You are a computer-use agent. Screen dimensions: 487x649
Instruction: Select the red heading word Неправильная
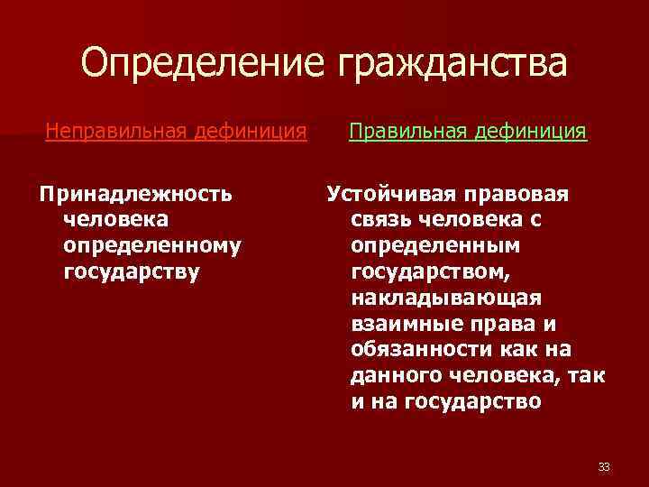tap(113, 133)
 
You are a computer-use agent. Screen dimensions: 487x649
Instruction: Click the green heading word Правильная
tap(407, 133)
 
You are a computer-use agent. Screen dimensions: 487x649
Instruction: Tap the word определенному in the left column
tap(152, 245)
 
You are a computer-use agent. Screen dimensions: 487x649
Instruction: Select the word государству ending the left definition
tap(132, 271)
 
